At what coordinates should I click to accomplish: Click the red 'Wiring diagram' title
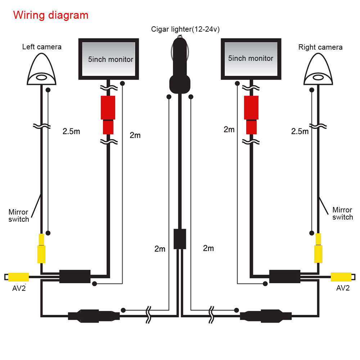coord(51,15)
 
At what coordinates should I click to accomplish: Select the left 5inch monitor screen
coord(108,59)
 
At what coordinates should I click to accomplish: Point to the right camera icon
coord(318,69)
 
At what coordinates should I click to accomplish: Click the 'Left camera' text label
coord(42,47)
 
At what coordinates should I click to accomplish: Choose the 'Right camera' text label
coord(320,47)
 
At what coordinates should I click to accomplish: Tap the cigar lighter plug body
coord(180,68)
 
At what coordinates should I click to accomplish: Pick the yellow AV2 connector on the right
coord(341,277)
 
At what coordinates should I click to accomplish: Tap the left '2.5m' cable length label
coord(71,131)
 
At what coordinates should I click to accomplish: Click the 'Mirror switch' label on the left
coord(19,215)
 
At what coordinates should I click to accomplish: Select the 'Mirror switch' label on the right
coord(342,213)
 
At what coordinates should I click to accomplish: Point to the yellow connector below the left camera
coord(42,248)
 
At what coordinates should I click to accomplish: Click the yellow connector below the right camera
coord(318,248)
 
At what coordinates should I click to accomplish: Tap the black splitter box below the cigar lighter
coord(180,239)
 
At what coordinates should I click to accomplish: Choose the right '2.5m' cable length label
coord(300,131)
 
